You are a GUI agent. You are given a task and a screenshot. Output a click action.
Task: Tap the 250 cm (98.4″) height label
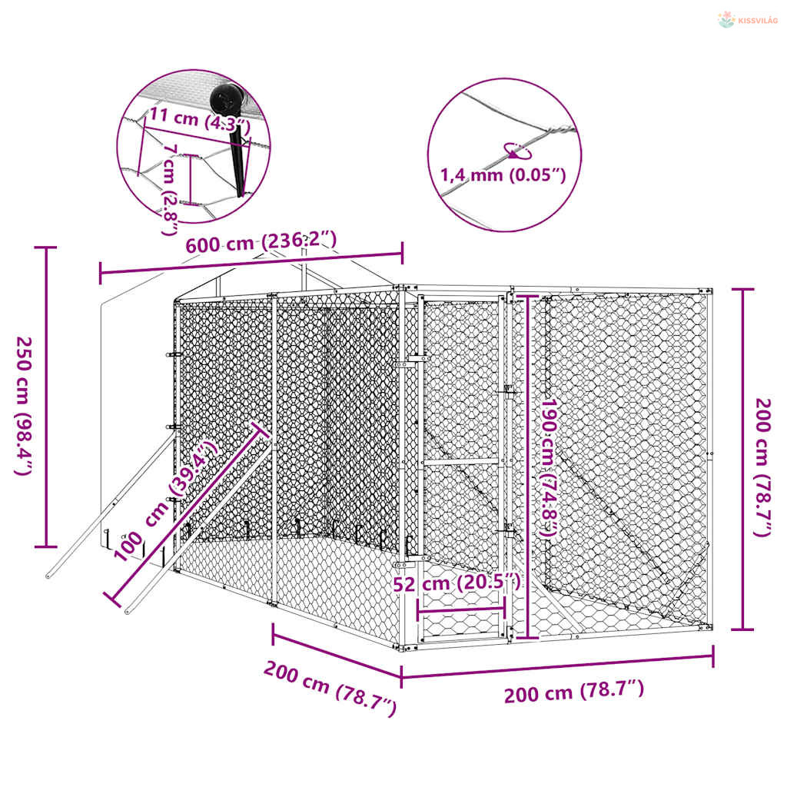point(24,406)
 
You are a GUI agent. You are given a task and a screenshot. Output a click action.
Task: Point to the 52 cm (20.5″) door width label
point(457,583)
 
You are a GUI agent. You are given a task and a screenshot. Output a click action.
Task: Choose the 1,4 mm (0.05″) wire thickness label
point(503,175)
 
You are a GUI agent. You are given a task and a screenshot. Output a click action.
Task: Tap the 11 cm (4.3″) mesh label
point(200,118)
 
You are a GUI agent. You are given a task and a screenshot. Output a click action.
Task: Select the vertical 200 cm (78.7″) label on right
point(762,467)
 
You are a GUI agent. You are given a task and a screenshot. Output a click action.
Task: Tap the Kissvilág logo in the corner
point(748,20)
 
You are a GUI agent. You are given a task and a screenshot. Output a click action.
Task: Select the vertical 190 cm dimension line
point(527,467)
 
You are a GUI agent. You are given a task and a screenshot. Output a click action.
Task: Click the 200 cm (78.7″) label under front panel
point(573,691)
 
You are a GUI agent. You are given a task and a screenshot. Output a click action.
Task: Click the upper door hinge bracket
point(414,360)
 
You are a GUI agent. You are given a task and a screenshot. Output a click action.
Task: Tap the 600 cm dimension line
point(251,264)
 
